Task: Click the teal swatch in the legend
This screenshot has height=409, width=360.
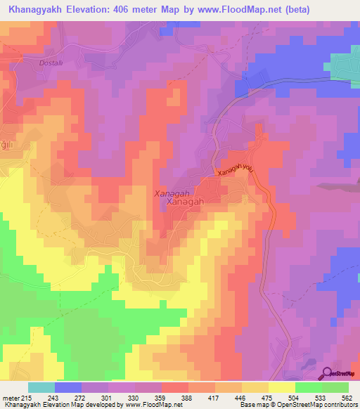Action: click(x=41, y=387)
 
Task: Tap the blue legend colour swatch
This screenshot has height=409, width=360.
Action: click(x=68, y=387)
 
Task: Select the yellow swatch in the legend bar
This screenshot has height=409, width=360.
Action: click(x=281, y=387)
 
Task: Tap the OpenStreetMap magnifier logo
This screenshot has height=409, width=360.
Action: click(x=326, y=373)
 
